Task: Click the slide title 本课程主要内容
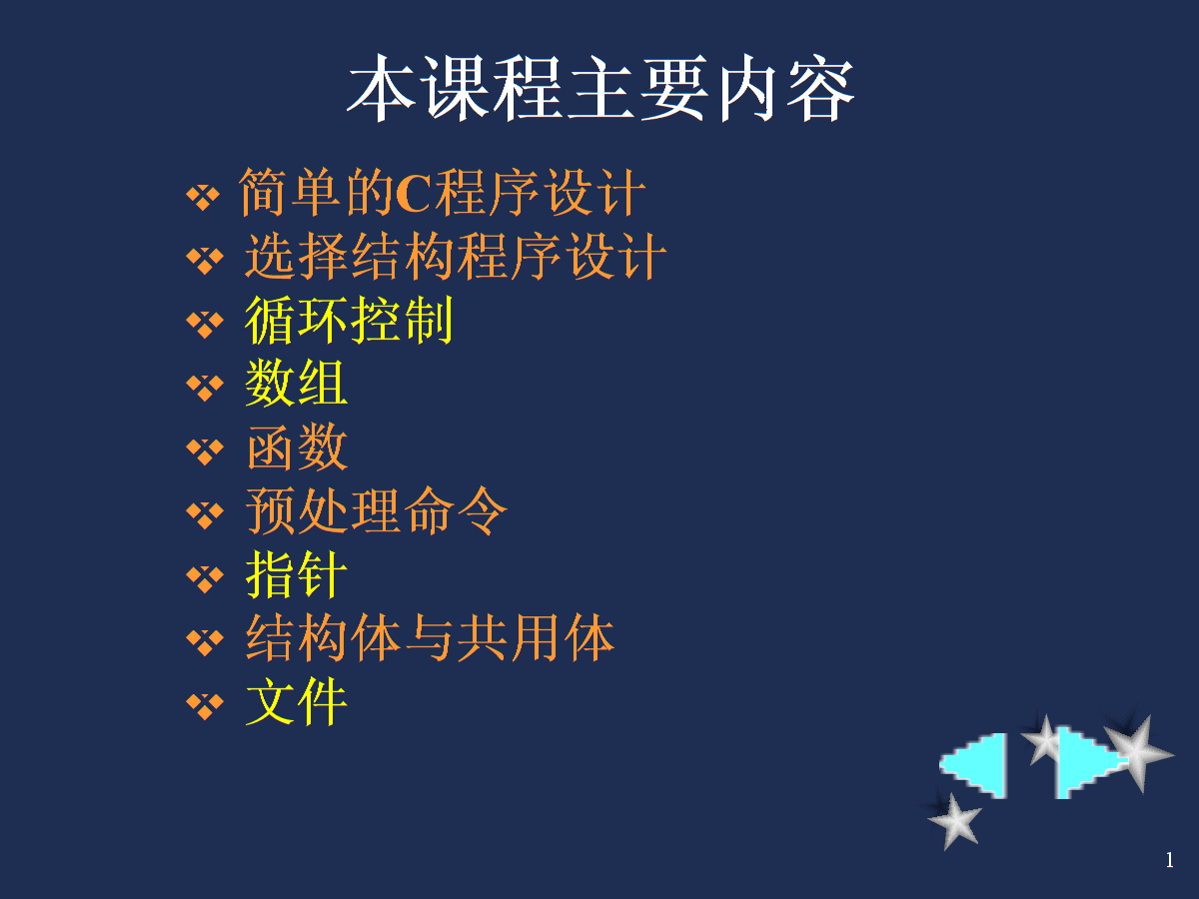click(x=600, y=88)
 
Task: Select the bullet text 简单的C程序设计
click(x=442, y=193)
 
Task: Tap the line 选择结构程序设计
click(x=456, y=256)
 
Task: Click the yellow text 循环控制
click(x=349, y=320)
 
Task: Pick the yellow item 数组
click(x=297, y=384)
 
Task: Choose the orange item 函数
click(x=298, y=448)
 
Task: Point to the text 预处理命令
click(x=377, y=510)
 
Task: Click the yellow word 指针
click(x=297, y=574)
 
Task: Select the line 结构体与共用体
click(x=431, y=637)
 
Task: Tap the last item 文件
click(x=297, y=701)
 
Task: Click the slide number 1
click(x=1169, y=860)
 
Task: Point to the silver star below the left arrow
click(x=954, y=822)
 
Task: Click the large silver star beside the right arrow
click(x=1138, y=753)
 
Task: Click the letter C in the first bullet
click(x=414, y=194)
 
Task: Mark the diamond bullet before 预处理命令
click(x=205, y=514)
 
